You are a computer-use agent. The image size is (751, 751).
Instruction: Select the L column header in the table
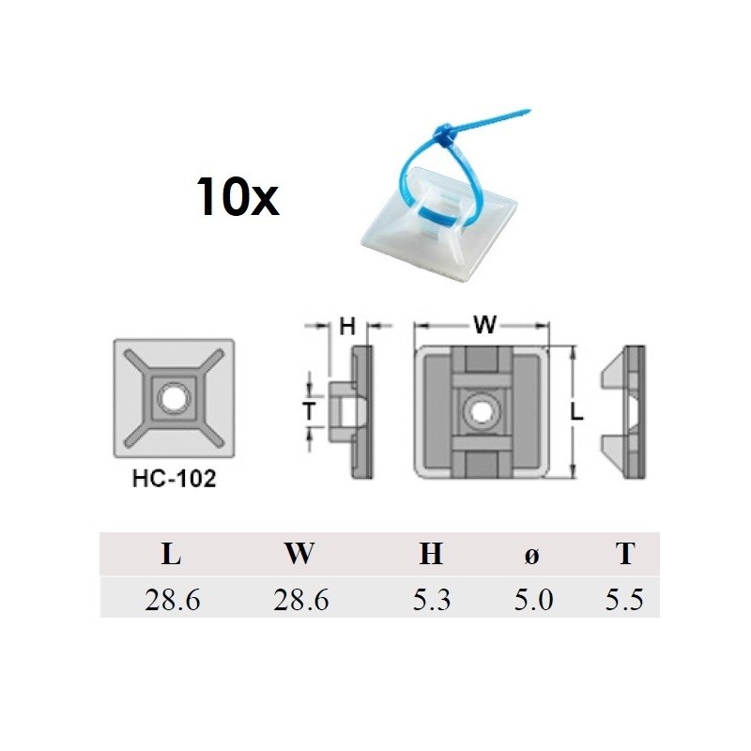tap(171, 555)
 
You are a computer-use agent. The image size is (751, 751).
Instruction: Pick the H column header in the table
tap(431, 555)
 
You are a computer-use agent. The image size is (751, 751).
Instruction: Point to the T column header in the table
tap(625, 555)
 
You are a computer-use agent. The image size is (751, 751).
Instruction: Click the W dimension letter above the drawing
tap(484, 326)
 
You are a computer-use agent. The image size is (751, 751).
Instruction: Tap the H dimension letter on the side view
tap(347, 327)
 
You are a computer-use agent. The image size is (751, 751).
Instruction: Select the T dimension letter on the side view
tap(308, 409)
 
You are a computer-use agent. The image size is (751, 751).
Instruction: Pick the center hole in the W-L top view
tap(481, 410)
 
